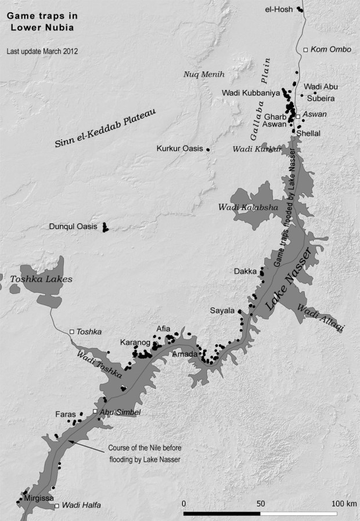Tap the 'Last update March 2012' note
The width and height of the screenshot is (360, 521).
pyautogui.click(x=42, y=51)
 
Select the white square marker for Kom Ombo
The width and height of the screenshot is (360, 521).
pyautogui.click(x=306, y=50)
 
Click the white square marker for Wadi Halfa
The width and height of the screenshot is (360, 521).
pyautogui.click(x=56, y=506)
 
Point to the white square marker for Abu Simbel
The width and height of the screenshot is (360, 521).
pyautogui.click(x=95, y=412)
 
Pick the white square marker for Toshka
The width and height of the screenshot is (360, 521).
pyautogui.click(x=72, y=332)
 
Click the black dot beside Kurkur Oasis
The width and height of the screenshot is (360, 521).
pyautogui.click(x=208, y=150)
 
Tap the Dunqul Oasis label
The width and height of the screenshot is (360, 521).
pyautogui.click(x=73, y=227)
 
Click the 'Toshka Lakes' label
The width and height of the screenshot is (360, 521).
pyautogui.click(x=41, y=280)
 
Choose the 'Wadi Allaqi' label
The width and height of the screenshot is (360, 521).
pyautogui.click(x=320, y=319)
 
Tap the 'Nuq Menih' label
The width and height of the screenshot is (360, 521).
pyautogui.click(x=204, y=74)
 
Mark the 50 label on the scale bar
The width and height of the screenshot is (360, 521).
pyautogui.click(x=261, y=503)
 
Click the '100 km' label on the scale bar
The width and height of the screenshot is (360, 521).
pyautogui.click(x=343, y=503)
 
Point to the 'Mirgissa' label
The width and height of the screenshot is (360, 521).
pyautogui.click(x=39, y=498)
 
